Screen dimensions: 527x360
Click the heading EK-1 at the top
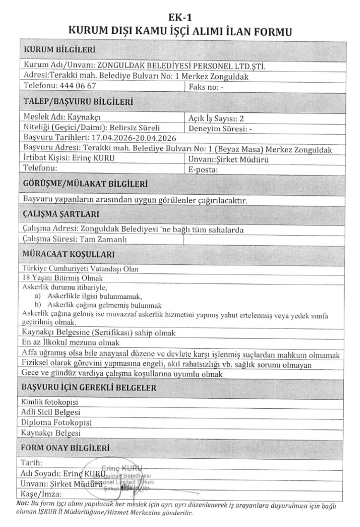point(180,18)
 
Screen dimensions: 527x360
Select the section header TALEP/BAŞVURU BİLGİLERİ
point(78,101)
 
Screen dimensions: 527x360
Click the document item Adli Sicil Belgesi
point(51,412)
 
